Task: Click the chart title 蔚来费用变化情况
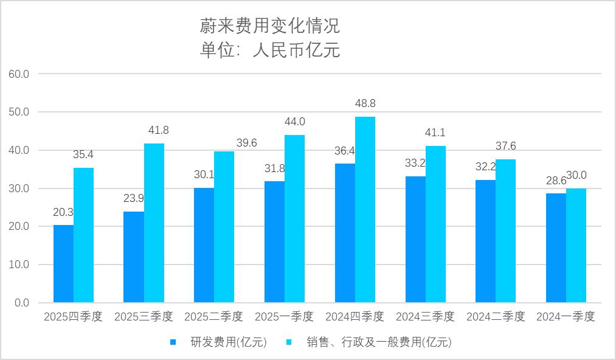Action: point(269,26)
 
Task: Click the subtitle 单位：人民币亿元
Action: point(269,50)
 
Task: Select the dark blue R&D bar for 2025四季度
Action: point(63,263)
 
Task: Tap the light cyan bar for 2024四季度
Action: point(365,210)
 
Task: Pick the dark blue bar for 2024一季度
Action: point(556,247)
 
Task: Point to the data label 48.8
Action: point(365,104)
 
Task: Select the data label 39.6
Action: point(246,143)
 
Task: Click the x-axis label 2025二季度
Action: point(213,317)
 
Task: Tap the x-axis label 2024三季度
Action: point(425,317)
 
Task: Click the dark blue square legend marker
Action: point(173,342)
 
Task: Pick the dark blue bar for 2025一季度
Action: point(274,241)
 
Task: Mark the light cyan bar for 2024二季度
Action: point(505,231)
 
